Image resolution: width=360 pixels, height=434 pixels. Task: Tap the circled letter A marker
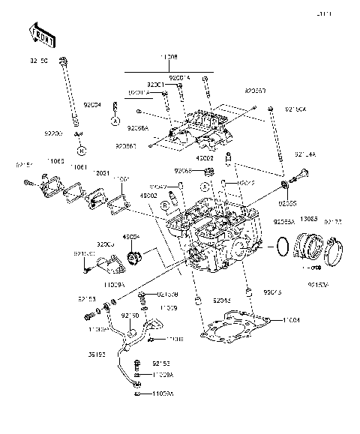coord(115,119)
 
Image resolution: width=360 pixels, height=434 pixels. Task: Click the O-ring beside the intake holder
coord(283,245)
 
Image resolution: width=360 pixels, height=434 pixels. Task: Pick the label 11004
coord(313,320)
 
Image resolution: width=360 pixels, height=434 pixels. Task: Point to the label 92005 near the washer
coord(287,202)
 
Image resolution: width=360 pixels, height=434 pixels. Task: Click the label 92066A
coord(138,128)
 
